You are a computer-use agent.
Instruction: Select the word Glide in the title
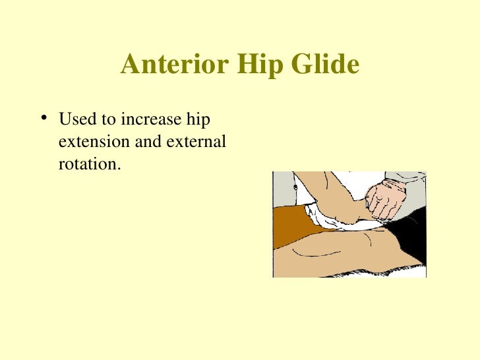[326, 65]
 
